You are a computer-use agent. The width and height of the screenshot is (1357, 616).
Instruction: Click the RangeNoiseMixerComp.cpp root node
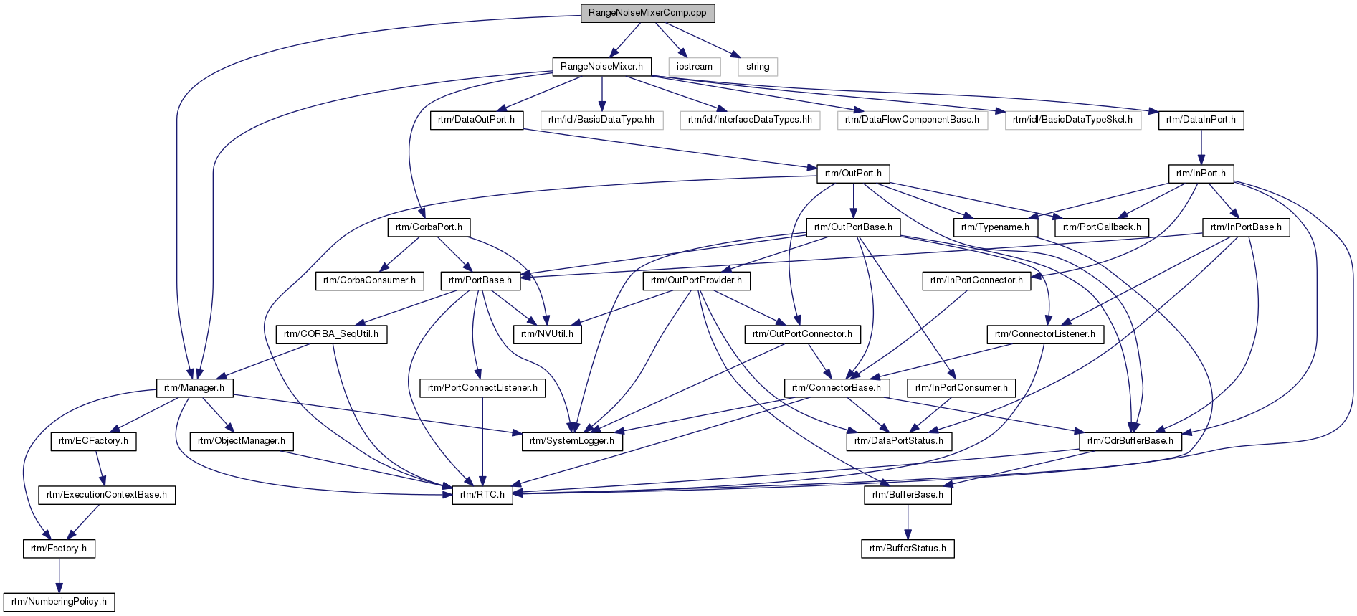coord(647,13)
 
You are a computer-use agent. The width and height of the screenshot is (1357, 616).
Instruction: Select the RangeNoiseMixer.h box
coord(602,67)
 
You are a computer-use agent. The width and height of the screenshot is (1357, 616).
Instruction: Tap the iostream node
coord(695,67)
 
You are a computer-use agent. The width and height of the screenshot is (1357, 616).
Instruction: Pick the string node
coord(758,67)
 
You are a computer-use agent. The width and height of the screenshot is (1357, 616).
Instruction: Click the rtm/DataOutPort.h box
coord(476,120)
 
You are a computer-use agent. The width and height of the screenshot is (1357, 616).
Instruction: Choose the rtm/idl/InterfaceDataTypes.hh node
coord(750,120)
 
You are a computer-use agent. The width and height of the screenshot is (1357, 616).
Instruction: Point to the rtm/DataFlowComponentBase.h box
coord(912,120)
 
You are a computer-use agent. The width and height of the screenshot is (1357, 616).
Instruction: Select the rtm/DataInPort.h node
coord(1201,120)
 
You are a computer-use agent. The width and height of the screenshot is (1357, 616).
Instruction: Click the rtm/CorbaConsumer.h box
coord(369,280)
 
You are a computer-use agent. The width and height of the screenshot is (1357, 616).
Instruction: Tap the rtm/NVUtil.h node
coord(547,334)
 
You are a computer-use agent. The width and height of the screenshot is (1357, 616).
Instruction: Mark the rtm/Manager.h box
coord(194,388)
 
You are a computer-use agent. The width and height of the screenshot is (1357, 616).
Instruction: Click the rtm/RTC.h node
coord(482,495)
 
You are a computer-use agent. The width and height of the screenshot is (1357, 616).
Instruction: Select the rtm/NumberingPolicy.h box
coord(59,602)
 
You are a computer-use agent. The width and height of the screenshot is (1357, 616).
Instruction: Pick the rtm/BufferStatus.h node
coord(908,549)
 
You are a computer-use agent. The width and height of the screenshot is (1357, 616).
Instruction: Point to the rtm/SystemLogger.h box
coord(572,441)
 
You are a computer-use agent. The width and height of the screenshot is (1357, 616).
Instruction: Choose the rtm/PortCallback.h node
coord(1102,227)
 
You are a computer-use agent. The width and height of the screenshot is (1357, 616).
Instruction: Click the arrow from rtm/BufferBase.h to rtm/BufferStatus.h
coord(908,522)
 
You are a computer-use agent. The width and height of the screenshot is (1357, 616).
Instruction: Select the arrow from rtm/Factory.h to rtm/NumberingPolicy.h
coord(59,575)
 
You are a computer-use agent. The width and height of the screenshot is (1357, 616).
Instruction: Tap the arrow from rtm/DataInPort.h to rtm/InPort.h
coord(1201,147)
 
